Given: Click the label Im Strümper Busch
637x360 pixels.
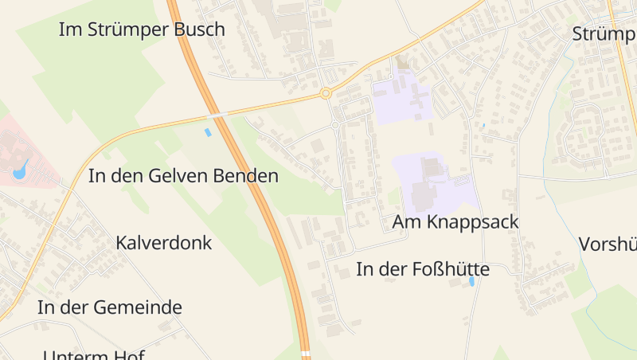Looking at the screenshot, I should (142, 30).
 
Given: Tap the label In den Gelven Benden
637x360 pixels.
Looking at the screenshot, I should (183, 176).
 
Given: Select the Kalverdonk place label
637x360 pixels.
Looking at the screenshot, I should (164, 243).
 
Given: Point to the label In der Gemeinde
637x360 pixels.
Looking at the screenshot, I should (110, 307).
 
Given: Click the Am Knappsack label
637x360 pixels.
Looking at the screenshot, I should (455, 222).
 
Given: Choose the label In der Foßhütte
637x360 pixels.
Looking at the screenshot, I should (423, 270).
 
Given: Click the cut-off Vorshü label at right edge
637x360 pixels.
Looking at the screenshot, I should (608, 244).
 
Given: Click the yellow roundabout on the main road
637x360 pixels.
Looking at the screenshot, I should (326, 94).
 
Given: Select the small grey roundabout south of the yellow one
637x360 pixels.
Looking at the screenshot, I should (335, 125).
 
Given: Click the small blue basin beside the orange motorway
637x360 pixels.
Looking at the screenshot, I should (209, 132).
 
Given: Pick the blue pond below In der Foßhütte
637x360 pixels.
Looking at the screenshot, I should (472, 281).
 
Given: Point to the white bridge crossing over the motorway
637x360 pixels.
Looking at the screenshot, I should (216, 115).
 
